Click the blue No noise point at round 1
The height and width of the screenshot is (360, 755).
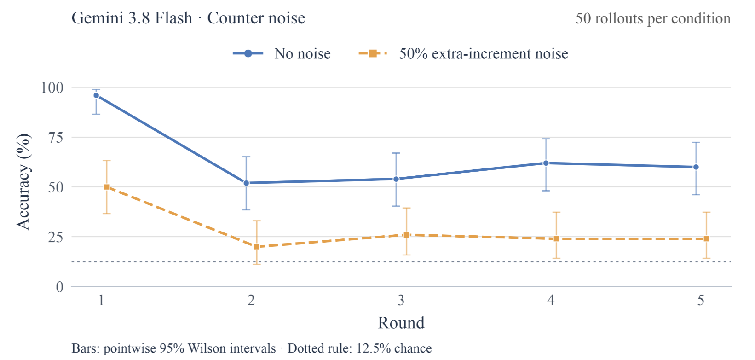point(97,95)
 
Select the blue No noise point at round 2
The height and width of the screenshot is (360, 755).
point(247,183)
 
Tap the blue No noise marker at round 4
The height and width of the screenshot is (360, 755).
point(546,163)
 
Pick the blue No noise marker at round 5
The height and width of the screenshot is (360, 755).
point(696,167)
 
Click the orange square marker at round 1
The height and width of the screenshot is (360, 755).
point(106,187)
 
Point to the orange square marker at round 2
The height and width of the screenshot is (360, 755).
point(257,247)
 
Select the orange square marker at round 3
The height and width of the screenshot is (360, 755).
point(407,235)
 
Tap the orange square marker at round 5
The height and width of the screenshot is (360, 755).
point(706,239)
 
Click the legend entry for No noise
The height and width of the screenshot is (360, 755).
point(282,54)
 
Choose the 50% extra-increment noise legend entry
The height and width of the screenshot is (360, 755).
point(463,54)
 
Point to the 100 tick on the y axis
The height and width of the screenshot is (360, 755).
point(52,88)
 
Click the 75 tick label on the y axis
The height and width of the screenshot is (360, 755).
point(56,138)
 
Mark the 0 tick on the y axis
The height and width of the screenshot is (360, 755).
point(60,287)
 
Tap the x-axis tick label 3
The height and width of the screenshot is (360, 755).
point(401,300)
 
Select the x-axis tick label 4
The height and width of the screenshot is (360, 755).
point(551,300)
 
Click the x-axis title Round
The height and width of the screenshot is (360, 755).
point(401,323)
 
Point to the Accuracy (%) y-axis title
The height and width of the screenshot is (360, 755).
point(23,182)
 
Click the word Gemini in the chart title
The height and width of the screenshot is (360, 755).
point(98,18)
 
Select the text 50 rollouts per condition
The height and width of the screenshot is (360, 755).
point(653,18)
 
